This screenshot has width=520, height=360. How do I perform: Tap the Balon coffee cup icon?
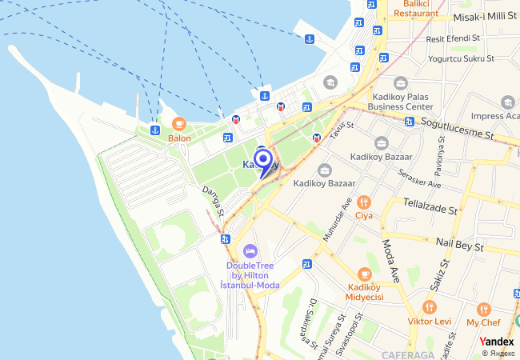[178, 124]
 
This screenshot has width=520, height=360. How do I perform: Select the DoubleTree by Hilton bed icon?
[250, 251]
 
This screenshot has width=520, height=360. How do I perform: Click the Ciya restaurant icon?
[364, 202]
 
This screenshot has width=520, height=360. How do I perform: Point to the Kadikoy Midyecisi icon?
[365, 274]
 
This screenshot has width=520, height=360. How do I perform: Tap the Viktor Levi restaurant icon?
[430, 307]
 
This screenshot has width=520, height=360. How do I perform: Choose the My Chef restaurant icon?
[483, 309]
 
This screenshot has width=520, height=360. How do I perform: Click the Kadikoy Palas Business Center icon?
[401, 83]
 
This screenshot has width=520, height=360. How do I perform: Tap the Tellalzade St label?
[430, 206]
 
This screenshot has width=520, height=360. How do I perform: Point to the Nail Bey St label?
[460, 243]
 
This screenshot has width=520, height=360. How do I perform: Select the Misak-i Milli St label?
[484, 17]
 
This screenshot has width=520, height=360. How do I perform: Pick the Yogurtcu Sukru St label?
[462, 58]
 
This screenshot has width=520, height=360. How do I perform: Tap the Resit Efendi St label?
[453, 38]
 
